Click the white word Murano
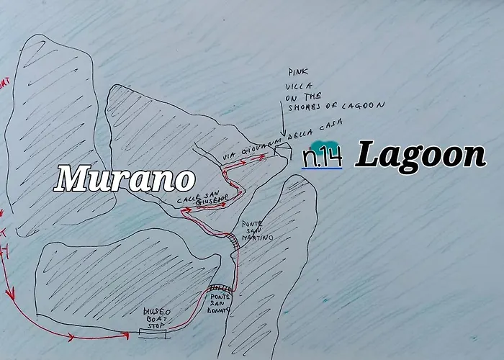pyautogui.click(x=125, y=179)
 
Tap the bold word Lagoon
pyautogui.click(x=420, y=156)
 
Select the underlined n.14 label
pyautogui.click(x=322, y=158)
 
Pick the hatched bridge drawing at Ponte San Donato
pyautogui.click(x=220, y=289)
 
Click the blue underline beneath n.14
pyautogui.click(x=322, y=168)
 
